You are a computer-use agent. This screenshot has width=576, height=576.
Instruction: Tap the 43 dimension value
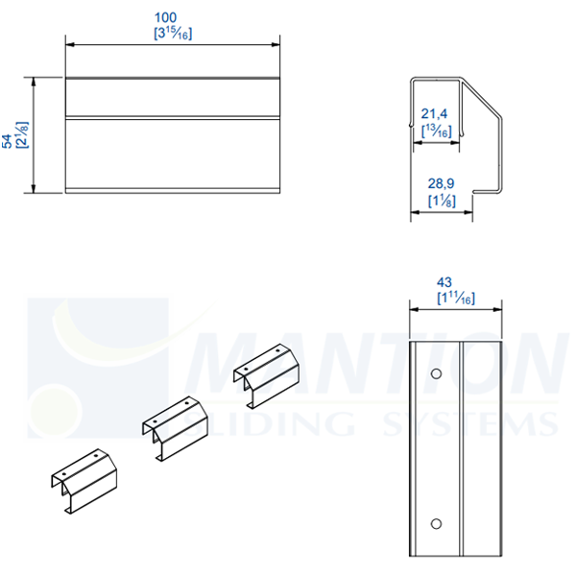(444, 282)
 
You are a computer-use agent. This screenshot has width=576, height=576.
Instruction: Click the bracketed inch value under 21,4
(438, 132)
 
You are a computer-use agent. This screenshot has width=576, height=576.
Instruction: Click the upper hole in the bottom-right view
(436, 372)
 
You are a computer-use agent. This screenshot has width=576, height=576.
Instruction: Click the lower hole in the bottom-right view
(436, 523)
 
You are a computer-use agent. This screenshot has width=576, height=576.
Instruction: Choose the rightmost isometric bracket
(267, 373)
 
